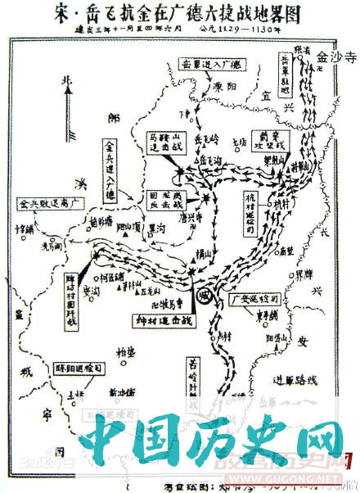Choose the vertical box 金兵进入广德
click(x=109, y=169)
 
